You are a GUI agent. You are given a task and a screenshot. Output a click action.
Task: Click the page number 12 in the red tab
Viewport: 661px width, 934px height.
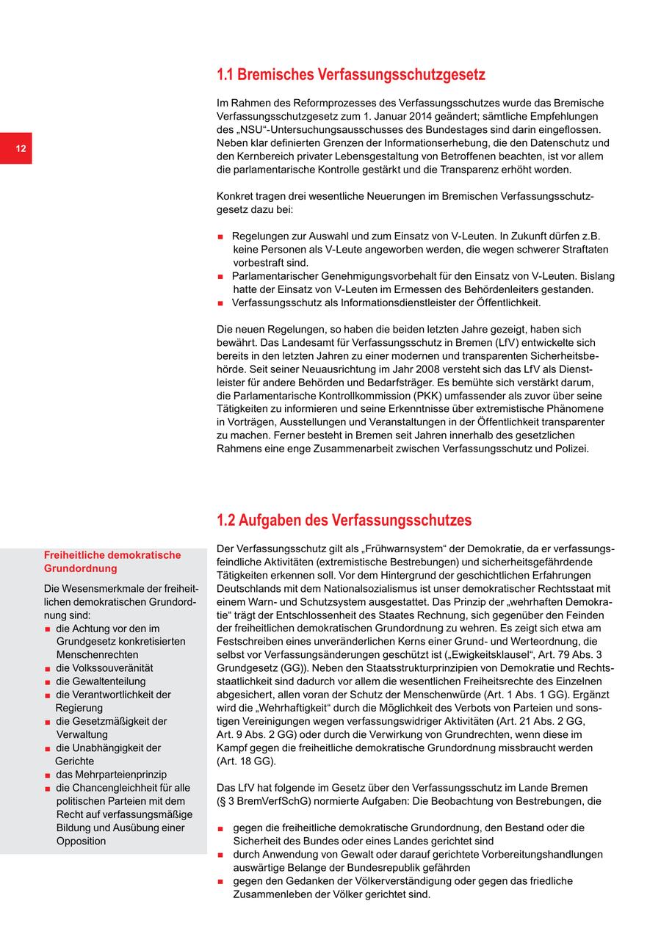[x=21, y=149]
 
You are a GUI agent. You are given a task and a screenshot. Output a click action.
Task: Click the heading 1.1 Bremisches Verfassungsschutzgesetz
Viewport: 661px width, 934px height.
[x=350, y=75]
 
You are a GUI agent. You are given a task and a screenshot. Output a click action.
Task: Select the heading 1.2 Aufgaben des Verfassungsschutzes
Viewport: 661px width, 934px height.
[x=344, y=521]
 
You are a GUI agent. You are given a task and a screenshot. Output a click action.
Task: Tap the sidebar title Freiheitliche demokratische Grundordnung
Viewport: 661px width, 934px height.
[x=112, y=562]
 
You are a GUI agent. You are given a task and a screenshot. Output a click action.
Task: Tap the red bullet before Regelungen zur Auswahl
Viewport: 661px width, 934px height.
[x=220, y=237]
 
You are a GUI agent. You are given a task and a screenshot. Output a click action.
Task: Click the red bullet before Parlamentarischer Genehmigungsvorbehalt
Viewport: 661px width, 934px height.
[x=220, y=277]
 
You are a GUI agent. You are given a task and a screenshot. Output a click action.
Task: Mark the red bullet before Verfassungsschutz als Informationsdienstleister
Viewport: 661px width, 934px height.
[x=220, y=303]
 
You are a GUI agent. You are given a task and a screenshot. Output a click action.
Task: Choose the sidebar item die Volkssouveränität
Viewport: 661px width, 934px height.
[x=104, y=668]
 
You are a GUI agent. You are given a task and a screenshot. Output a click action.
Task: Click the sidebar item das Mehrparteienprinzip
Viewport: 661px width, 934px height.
[x=111, y=775]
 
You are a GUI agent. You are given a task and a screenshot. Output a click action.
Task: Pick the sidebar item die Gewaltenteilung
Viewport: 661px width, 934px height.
[x=101, y=681]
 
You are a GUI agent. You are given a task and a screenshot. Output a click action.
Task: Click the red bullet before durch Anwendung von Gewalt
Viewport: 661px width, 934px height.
[x=220, y=855]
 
